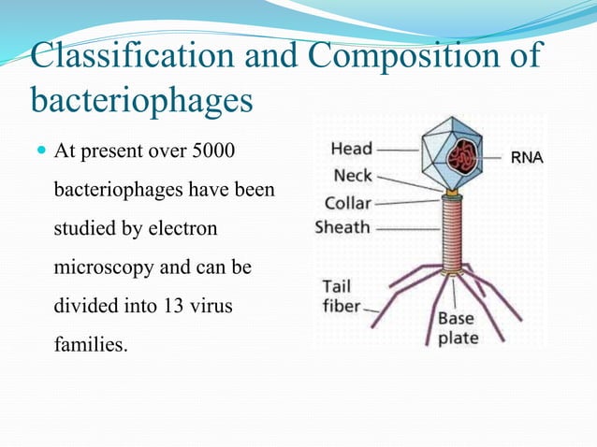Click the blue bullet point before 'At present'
coord(40,151)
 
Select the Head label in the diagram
coord(351,148)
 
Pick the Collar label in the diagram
coord(347,202)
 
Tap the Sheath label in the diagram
coord(342,226)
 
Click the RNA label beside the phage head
coord(526,158)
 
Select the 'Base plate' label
coord(457,326)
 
